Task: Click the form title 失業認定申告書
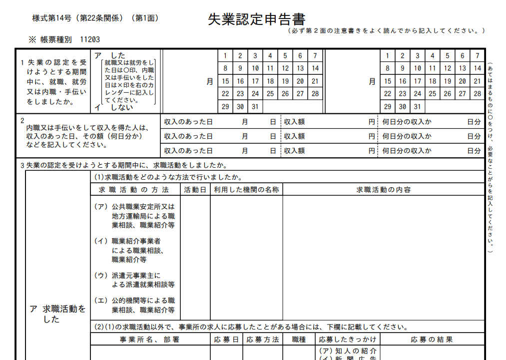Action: click(256, 19)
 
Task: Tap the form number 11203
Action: click(90, 39)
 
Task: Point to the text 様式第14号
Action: click(52, 18)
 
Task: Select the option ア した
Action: click(110, 55)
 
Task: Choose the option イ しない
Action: click(114, 107)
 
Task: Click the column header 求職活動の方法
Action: click(134, 190)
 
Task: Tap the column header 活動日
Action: click(195, 190)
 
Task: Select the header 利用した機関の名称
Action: click(246, 190)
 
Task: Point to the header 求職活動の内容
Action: click(384, 190)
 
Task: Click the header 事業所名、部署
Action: click(149, 340)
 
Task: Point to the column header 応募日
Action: click(226, 340)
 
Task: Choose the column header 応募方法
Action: click(262, 340)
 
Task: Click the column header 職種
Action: click(299, 340)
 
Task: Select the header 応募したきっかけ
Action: click(348, 340)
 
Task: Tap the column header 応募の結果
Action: click(432, 340)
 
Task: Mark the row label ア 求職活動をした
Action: click(57, 314)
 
